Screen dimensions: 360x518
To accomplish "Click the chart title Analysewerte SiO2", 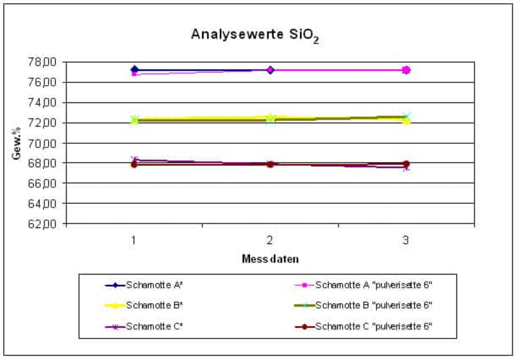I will [x=255, y=35].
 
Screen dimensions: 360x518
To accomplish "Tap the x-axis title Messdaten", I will [x=270, y=258].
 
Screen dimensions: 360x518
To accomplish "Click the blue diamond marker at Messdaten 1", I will [x=134, y=69].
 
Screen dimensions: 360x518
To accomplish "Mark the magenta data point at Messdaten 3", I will [x=406, y=70].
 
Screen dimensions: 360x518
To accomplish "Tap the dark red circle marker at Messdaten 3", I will [x=406, y=164].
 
